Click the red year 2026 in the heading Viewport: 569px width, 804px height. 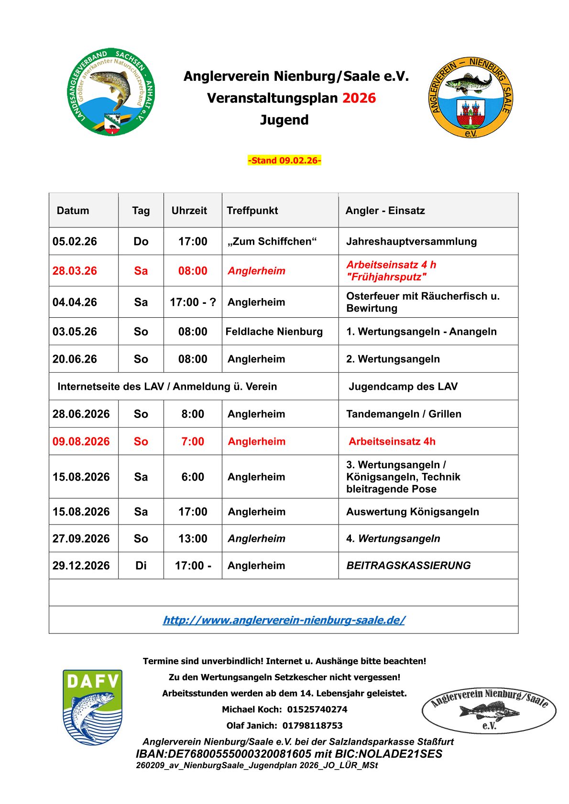coord(359,98)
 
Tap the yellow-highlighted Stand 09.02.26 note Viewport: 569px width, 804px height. coord(284,161)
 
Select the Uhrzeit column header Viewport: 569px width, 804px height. coord(189,211)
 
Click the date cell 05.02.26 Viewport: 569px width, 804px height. coord(75,242)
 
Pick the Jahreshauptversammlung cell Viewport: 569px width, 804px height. coord(411,242)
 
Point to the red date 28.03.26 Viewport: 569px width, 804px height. coord(75,271)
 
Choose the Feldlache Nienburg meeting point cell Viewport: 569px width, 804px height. coord(274,332)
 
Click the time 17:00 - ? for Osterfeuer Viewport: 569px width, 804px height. coord(193,302)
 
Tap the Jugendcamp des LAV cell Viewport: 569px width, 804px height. coord(403,386)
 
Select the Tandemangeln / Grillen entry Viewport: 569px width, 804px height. coord(404,414)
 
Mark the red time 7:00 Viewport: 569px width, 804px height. coord(193,442)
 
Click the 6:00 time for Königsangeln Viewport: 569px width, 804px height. coord(193,477)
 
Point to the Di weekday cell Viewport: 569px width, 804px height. coord(141,566)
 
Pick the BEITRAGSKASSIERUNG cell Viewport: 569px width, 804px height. coord(408,566)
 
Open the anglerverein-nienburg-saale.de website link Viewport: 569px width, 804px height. coord(284,620)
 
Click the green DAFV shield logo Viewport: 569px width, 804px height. coord(92,707)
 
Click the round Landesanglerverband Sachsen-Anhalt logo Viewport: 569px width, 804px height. coord(111,91)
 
